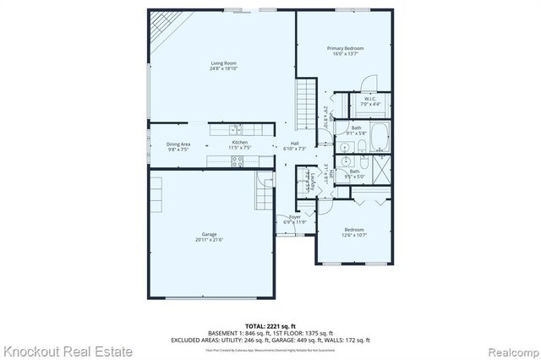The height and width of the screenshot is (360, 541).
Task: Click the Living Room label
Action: (223, 63)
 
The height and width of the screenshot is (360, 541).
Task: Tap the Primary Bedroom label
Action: (345, 48)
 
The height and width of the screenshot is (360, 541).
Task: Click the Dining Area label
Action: (178, 144)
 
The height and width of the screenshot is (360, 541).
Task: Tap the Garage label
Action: (209, 234)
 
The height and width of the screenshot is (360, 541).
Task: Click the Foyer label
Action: (295, 217)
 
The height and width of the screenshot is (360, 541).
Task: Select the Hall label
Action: (295, 144)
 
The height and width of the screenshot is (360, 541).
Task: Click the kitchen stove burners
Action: (238, 161)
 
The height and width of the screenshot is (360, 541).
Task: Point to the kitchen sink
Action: (239, 129)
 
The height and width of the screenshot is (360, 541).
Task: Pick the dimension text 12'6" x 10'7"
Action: (353, 236)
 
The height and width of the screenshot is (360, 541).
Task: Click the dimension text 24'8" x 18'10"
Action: (223, 68)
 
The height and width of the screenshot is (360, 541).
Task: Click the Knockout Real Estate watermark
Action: (68, 351)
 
